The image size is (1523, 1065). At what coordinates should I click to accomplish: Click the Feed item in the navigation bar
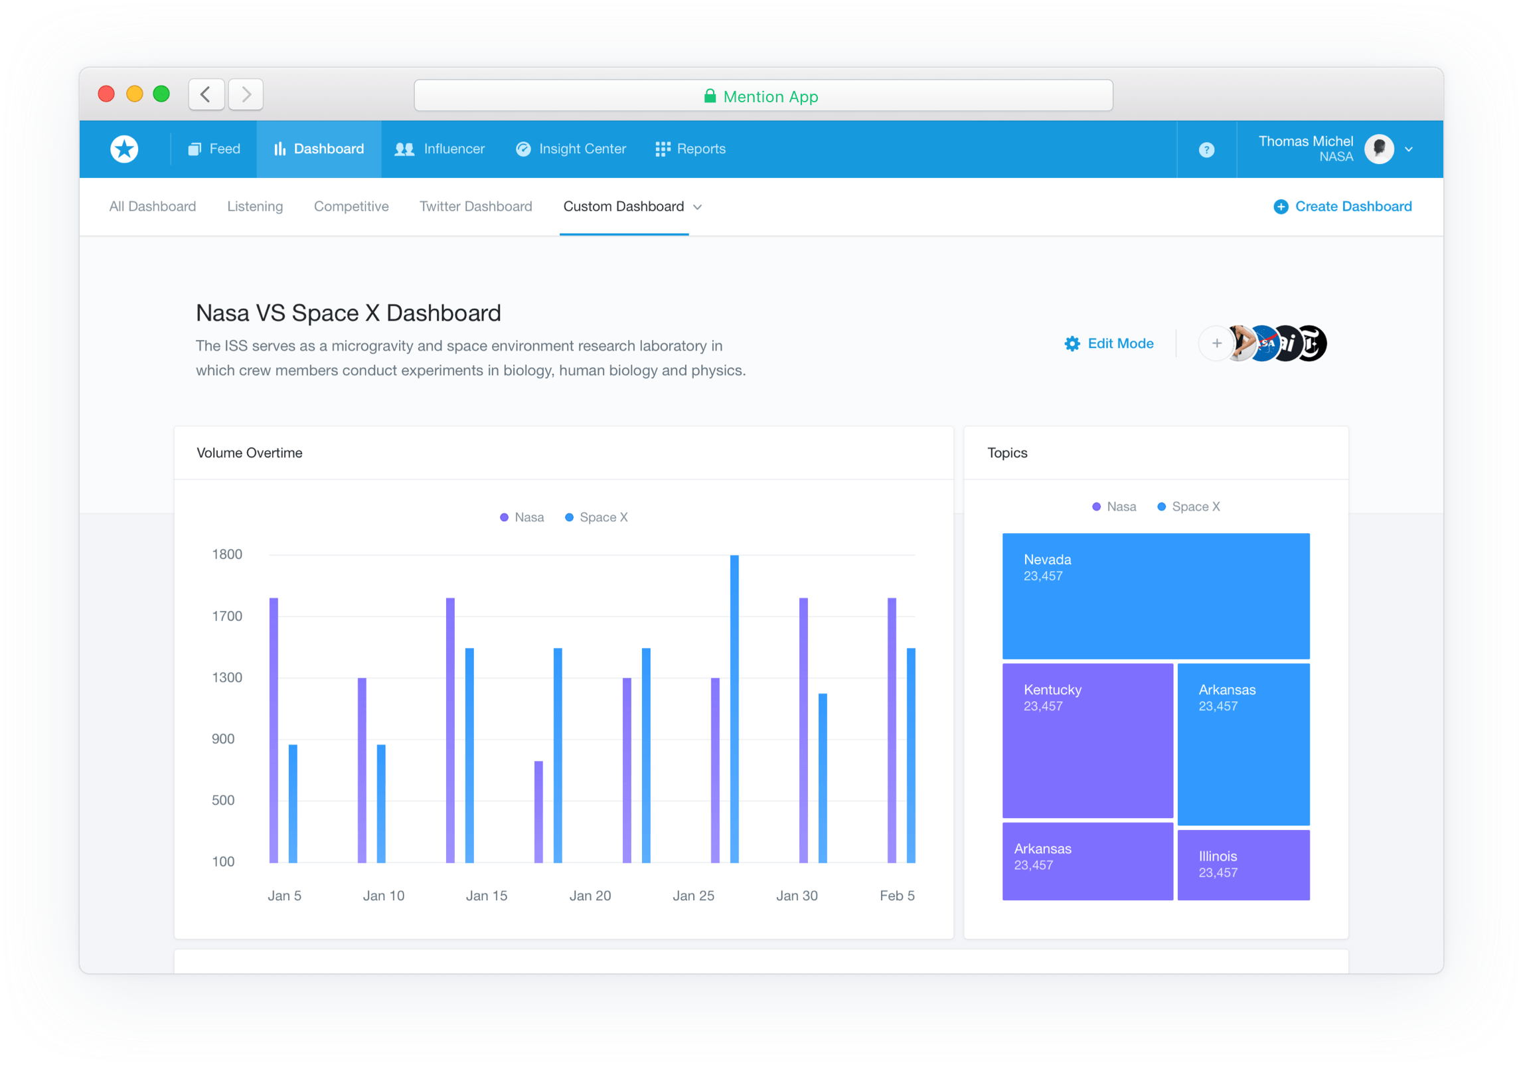coord(214,149)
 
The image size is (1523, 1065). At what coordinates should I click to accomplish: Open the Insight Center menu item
coord(571,149)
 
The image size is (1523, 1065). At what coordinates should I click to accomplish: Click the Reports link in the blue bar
coord(690,149)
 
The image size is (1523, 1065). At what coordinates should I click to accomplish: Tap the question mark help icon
coord(1206,150)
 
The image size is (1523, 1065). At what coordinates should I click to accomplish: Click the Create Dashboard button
coord(1342,206)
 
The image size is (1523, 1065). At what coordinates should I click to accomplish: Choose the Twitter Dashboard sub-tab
coord(475,206)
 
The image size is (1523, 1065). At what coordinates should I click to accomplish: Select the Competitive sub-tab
coord(351,206)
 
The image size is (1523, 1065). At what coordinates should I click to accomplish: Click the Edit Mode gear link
coord(1109,343)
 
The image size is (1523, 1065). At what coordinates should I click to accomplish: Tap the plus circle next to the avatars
coord(1216,343)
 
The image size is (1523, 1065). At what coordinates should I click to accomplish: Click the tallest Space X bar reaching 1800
coord(734,708)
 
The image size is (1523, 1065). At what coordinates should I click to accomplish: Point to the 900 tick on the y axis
coord(223,738)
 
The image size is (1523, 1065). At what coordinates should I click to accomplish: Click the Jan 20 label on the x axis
coord(590,895)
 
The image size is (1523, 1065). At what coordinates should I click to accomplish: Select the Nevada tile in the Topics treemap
coord(1155,596)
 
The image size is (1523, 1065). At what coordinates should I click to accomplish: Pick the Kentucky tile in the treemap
coord(1087,740)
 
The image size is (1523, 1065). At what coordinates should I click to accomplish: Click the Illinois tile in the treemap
coord(1243,864)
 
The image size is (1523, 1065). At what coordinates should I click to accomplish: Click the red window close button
coord(106,94)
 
